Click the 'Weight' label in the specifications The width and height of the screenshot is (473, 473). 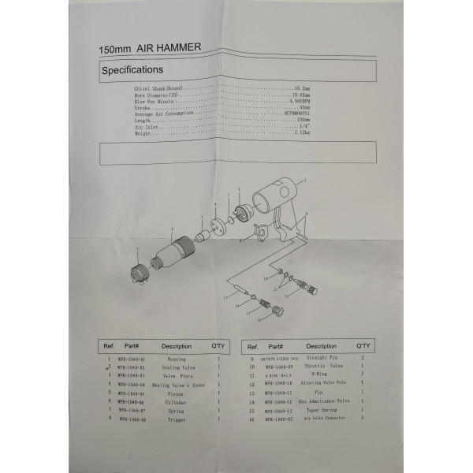pos(143,133)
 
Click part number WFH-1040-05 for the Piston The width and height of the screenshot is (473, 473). pos(131,393)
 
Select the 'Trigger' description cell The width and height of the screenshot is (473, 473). pos(176,419)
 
